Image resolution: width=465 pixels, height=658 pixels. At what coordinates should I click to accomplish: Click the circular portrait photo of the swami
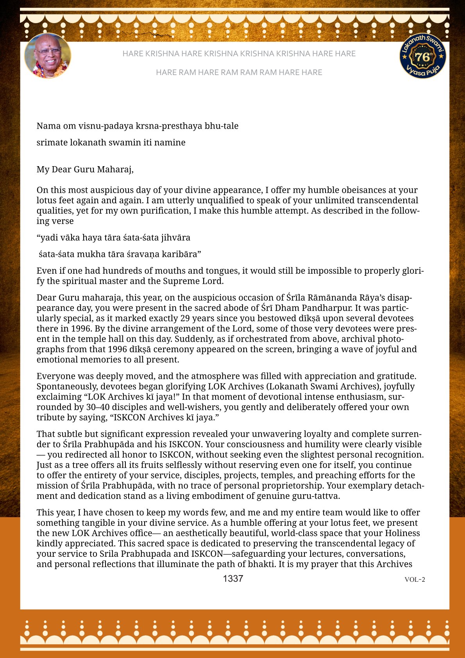48,56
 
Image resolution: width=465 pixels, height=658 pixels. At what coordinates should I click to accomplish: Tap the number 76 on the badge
422,57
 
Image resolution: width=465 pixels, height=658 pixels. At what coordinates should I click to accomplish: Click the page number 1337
233,579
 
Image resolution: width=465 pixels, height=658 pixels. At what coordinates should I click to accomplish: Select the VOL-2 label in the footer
415,579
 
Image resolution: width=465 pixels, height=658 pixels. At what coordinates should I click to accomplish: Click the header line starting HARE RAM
239,72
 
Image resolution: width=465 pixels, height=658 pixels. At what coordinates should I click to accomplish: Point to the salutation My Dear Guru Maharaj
85,169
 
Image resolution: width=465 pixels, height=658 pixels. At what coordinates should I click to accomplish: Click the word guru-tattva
317,496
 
